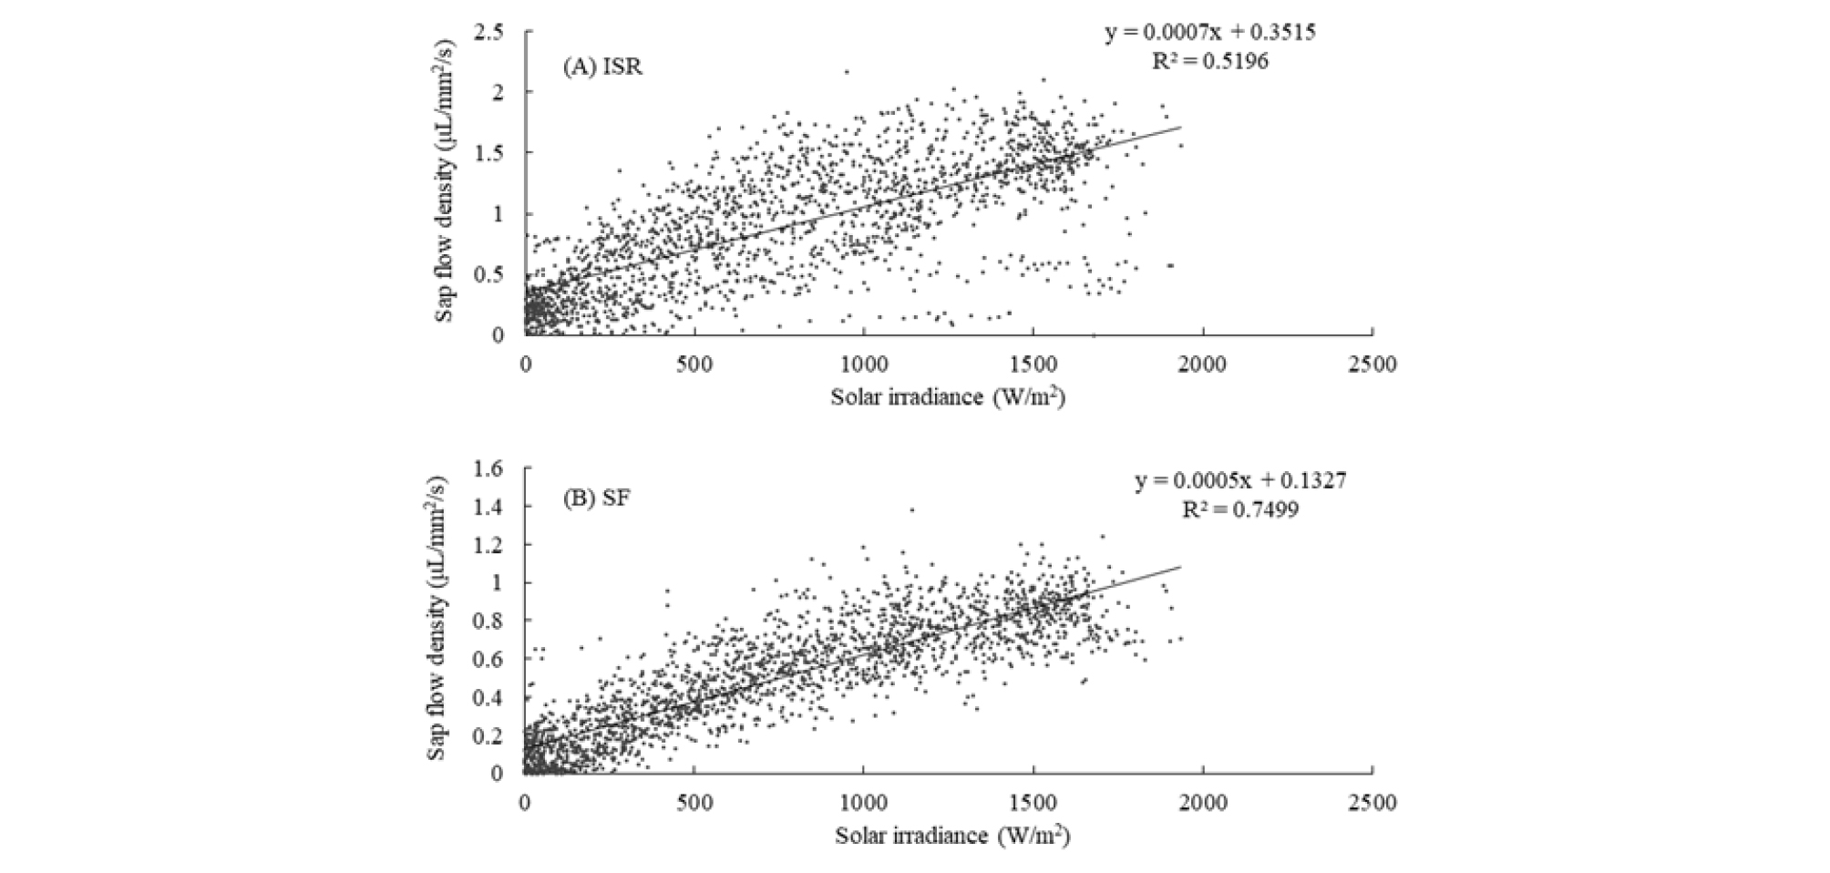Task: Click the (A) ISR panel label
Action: point(602,68)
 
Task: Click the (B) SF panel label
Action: point(596,500)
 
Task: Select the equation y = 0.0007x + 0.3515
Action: point(1210,33)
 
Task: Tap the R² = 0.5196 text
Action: point(1210,62)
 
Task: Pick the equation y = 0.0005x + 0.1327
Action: point(1239,480)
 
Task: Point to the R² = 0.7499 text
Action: point(1239,509)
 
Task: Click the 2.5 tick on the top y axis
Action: point(488,33)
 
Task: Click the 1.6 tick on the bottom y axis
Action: point(488,468)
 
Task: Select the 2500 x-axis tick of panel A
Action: point(1372,365)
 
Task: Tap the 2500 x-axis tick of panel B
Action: point(1372,803)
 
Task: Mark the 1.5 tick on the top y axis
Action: point(488,152)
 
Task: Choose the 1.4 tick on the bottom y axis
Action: point(488,507)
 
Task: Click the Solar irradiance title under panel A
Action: point(948,397)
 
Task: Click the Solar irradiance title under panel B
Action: point(951,836)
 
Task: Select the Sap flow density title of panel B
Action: point(438,620)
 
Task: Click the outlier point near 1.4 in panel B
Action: point(911,509)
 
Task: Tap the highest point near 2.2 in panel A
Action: point(846,71)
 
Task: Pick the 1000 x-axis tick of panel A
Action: point(863,365)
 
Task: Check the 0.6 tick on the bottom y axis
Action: point(488,659)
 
